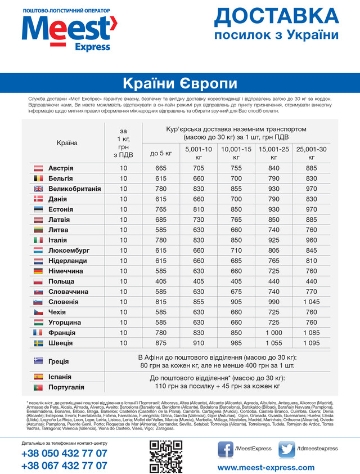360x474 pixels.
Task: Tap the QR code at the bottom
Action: coord(166,456)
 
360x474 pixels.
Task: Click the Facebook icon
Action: coord(226,448)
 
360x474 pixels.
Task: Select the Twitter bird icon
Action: coord(287,448)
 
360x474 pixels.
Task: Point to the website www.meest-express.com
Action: coord(266,467)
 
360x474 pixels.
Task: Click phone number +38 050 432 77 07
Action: coord(64,454)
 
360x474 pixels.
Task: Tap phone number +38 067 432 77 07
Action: coord(64,466)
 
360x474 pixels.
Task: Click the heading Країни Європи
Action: coord(180,83)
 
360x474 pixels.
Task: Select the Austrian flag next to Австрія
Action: coord(39,168)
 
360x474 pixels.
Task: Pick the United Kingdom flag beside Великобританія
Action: coord(39,189)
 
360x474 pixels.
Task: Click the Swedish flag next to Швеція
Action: coord(39,343)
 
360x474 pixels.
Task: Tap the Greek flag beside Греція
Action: coord(39,361)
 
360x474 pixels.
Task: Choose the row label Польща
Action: coord(61,281)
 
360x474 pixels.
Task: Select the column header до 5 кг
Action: coord(161,153)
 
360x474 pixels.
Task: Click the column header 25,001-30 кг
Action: coord(311,153)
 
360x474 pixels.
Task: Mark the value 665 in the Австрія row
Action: coord(161,168)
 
